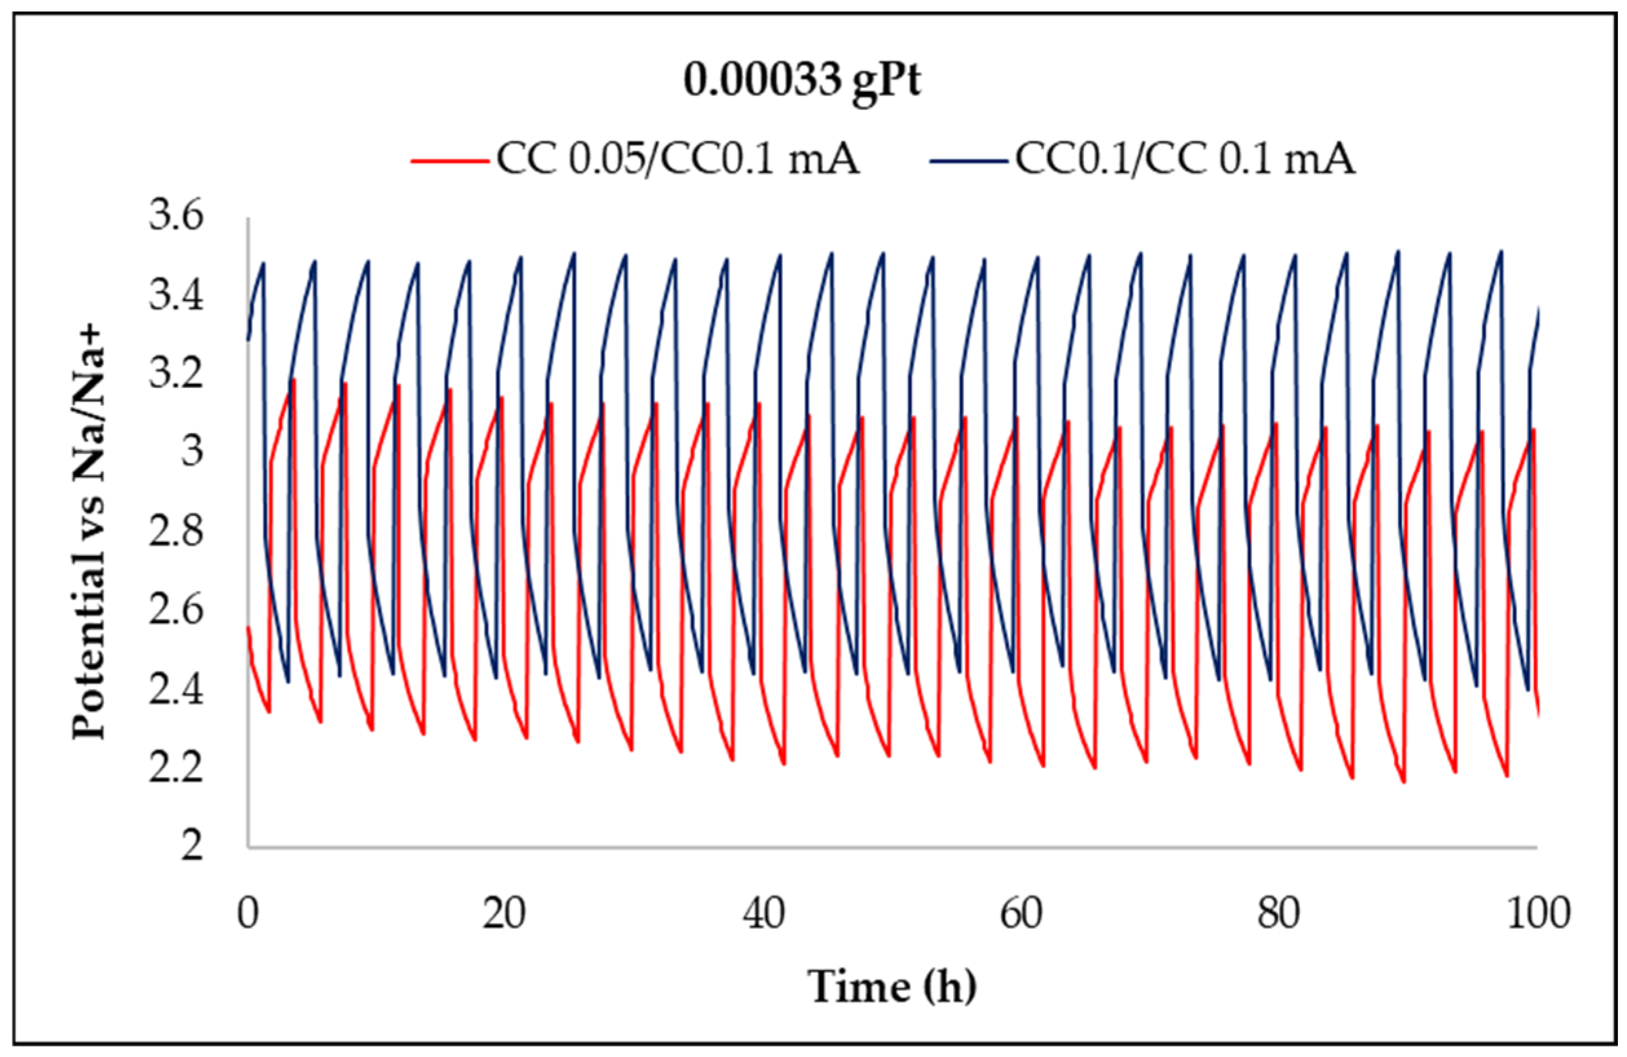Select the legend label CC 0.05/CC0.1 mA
[677, 160]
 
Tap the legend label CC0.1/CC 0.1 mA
[1185, 160]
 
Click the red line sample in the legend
[449, 162]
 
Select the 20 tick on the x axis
[504, 914]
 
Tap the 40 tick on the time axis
[763, 914]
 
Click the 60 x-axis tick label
[1021, 914]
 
